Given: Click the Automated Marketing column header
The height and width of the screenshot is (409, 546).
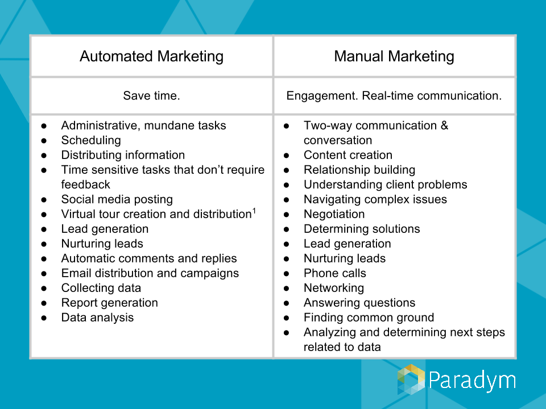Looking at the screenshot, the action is pyautogui.click(x=151, y=56).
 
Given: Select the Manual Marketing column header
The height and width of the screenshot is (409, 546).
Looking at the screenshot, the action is pyautogui.click(x=394, y=56).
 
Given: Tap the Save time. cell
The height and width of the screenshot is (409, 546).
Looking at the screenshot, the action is pyautogui.click(x=151, y=95).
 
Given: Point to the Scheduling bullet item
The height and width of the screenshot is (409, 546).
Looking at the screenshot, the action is pyautogui.click(x=91, y=140).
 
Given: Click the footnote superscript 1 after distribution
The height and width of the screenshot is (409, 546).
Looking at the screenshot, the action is pyautogui.click(x=254, y=210).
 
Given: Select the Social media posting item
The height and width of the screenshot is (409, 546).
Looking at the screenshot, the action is pyautogui.click(x=117, y=199).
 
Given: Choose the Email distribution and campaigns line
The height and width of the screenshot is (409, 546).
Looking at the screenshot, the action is pyautogui.click(x=150, y=273).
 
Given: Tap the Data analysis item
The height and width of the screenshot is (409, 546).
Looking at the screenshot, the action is pyautogui.click(x=97, y=318).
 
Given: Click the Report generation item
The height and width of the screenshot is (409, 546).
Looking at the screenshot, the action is pyautogui.click(x=110, y=303).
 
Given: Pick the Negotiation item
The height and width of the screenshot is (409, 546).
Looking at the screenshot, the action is pyautogui.click(x=334, y=214).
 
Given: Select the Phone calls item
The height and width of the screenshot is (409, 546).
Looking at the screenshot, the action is pyautogui.click(x=335, y=273).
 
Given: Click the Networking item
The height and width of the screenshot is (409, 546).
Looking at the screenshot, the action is pyautogui.click(x=334, y=288).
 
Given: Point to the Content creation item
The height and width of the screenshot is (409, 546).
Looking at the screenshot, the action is pyautogui.click(x=348, y=155).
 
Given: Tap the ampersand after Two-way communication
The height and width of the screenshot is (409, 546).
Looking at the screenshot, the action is pyautogui.click(x=444, y=126).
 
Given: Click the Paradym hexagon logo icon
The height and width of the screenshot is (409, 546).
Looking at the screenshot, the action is pyautogui.click(x=411, y=379).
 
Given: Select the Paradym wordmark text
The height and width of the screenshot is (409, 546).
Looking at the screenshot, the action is pyautogui.click(x=472, y=381).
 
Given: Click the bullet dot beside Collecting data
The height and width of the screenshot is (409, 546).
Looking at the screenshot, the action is pyautogui.click(x=44, y=289).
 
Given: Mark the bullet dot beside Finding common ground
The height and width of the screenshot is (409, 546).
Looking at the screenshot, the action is pyautogui.click(x=286, y=318).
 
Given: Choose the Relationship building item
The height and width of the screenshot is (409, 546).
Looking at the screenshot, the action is pyautogui.click(x=359, y=170).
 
